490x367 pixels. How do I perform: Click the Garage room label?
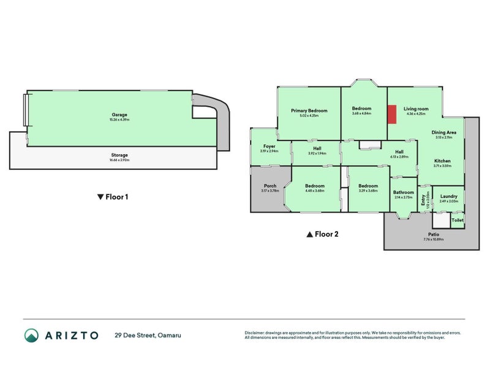tap(119, 114)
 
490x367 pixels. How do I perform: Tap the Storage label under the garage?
tap(119, 155)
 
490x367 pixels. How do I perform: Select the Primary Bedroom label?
tap(309, 111)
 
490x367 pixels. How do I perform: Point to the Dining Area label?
tap(443, 133)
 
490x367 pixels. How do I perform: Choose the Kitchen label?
tap(442, 160)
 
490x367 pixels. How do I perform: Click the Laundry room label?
tap(448, 196)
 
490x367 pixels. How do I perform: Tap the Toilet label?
tap(457, 220)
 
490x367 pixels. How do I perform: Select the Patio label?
tap(433, 234)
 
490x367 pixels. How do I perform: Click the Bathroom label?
tap(404, 193)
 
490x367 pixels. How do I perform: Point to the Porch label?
tap(270, 186)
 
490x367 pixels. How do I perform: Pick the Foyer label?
tap(269, 146)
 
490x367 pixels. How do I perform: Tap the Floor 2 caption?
tap(322, 234)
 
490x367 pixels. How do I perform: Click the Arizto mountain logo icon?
tap(31, 335)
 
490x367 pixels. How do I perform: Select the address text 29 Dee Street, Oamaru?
tap(148, 335)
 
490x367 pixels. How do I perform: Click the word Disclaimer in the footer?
tap(255, 333)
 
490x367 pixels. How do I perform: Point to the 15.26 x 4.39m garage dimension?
tap(119, 119)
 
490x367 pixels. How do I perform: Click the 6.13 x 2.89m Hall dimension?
tap(399, 157)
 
